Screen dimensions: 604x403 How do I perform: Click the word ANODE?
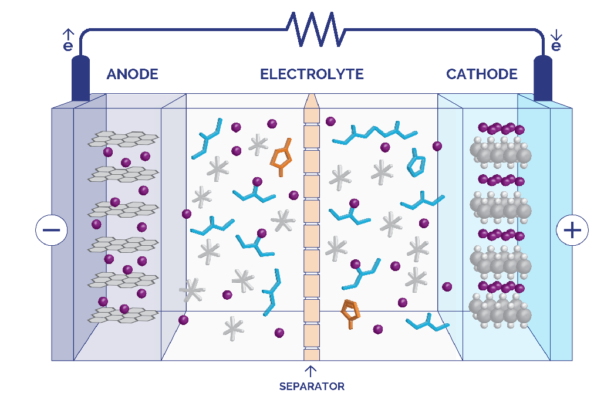click(x=132, y=74)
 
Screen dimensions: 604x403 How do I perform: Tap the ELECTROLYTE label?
click(x=312, y=74)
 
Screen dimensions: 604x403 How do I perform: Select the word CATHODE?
click(x=481, y=74)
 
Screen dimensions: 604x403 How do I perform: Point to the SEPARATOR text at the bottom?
click(x=312, y=387)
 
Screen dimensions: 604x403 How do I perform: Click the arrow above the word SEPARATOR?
click(x=311, y=371)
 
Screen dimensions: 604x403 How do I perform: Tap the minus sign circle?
click(x=51, y=230)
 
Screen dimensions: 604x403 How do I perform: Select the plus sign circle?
click(x=572, y=230)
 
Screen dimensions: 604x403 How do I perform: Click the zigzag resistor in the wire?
click(x=316, y=29)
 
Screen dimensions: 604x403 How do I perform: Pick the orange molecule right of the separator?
click(x=350, y=313)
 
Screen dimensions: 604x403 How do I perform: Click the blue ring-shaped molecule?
click(x=416, y=163)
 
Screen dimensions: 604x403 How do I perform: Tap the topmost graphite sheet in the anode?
click(x=123, y=139)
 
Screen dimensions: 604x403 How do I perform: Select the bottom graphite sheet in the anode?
click(x=123, y=314)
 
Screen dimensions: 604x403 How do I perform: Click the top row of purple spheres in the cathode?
click(x=501, y=128)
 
